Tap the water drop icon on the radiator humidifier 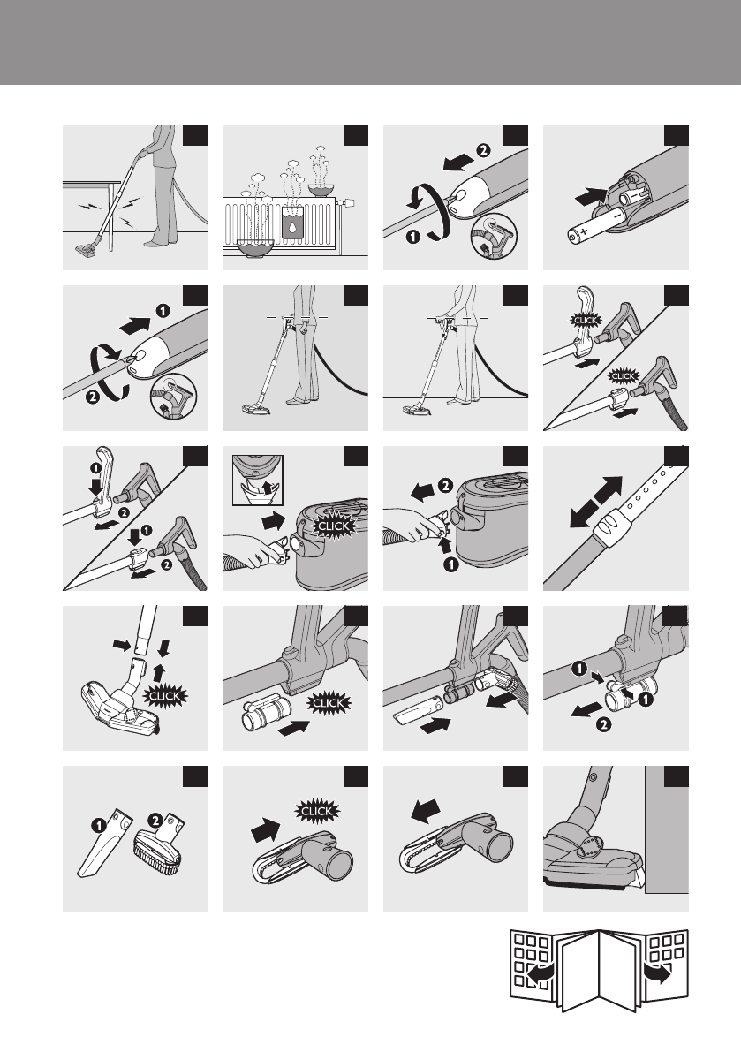(293, 226)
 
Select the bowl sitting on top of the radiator (321, 189)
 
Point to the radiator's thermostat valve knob (348, 202)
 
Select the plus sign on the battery (584, 231)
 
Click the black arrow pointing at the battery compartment (591, 197)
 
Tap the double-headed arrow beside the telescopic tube (595, 502)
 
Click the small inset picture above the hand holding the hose (258, 480)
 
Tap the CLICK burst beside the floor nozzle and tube (165, 696)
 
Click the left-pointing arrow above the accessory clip (425, 809)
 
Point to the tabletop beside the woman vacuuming (92, 182)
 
